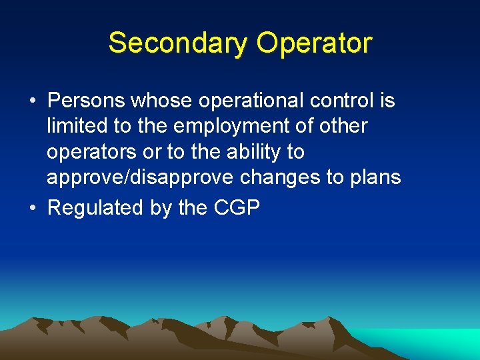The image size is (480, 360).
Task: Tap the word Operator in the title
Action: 315,43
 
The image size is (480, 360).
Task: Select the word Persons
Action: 86,101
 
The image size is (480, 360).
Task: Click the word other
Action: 341,127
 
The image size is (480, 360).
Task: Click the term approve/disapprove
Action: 141,178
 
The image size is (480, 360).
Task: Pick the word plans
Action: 372,178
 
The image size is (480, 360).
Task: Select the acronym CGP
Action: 237,208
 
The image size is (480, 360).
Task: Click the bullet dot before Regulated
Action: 33,208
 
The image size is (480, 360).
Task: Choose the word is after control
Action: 387,101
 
